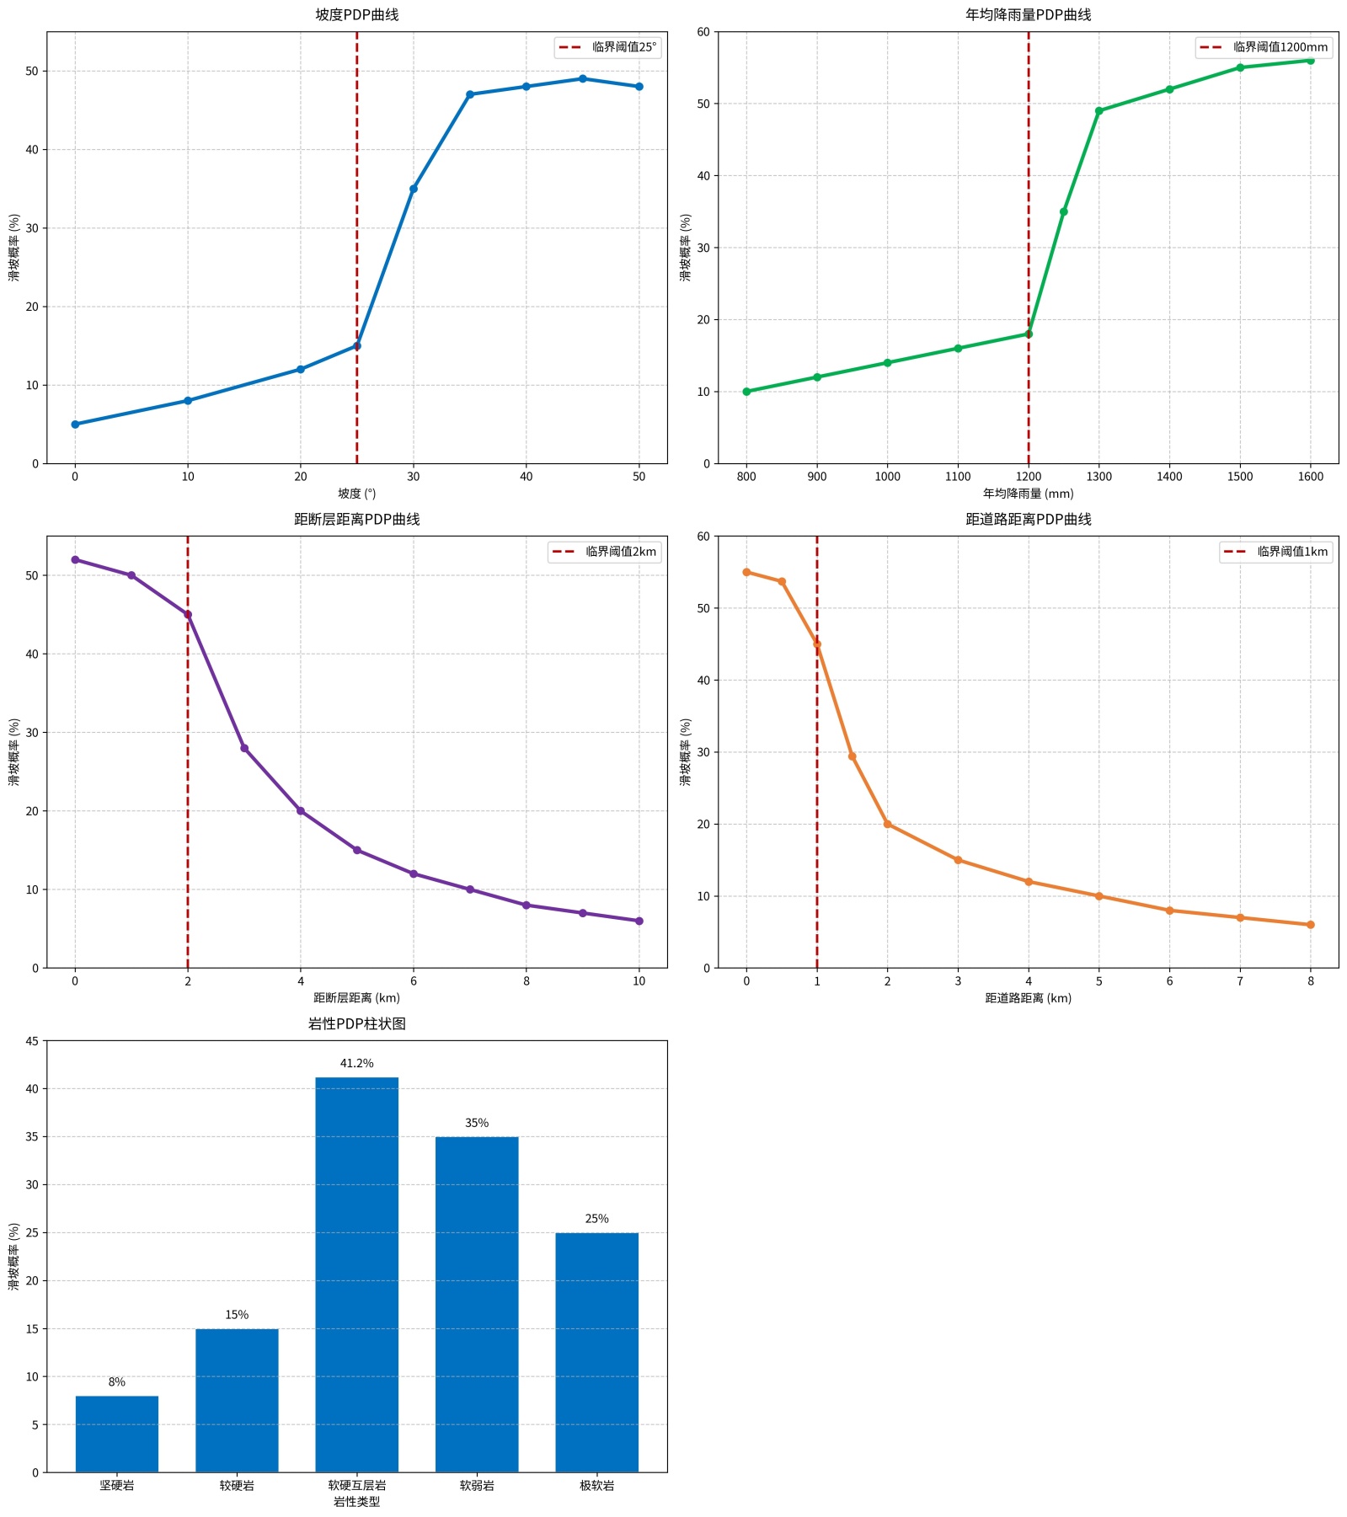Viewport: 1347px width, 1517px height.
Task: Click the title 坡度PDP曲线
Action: pos(356,14)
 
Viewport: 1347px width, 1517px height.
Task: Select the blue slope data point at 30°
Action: pos(414,189)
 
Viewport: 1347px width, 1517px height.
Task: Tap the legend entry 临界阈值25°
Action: pos(607,47)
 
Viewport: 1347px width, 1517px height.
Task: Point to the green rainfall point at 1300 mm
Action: pos(1098,111)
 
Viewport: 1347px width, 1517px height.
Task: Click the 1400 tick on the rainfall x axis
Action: pos(1169,477)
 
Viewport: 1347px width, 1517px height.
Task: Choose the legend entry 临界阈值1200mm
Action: pos(1264,47)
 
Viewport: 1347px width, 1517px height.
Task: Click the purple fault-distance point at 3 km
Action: pos(244,748)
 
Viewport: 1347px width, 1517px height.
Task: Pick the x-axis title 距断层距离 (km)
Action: pos(356,998)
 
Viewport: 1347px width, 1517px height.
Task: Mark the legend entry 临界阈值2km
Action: pos(604,552)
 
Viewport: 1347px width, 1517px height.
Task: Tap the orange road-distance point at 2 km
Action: pos(887,825)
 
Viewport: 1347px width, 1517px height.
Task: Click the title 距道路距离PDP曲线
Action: pos(1028,519)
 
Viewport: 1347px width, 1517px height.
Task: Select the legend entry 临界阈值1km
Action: pos(1276,552)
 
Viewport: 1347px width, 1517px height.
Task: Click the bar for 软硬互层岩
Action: pos(357,1274)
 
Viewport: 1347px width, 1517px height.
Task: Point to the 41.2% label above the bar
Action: pos(357,1064)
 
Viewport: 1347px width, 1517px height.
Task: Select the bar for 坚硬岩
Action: pos(117,1434)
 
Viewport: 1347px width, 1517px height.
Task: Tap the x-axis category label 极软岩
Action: pos(597,1486)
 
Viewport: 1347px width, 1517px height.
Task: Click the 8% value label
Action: pos(117,1382)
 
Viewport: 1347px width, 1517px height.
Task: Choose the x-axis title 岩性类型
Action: pos(356,1502)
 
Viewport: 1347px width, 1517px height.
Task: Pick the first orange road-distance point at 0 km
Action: pos(746,572)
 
